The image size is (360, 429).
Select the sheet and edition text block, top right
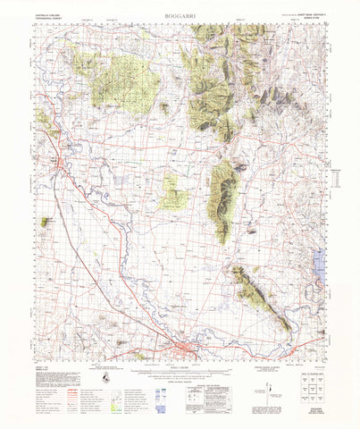(x=308, y=16)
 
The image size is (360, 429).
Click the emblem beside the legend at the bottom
(x=107, y=379)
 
